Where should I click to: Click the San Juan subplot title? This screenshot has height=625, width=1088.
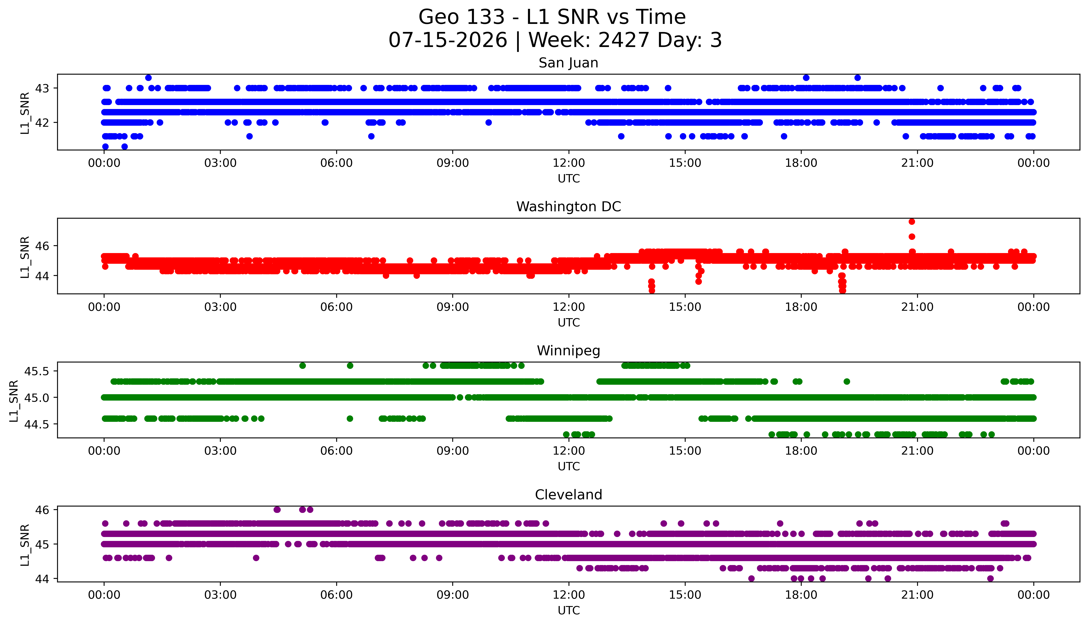pyautogui.click(x=569, y=63)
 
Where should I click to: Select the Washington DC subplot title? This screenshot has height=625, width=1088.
pyautogui.click(x=569, y=207)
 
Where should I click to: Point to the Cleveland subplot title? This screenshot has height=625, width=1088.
pyautogui.click(x=569, y=495)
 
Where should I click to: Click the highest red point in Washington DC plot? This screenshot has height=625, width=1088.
pyautogui.click(x=912, y=222)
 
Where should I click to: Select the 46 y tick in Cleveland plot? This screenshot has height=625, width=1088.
pyautogui.click(x=43, y=510)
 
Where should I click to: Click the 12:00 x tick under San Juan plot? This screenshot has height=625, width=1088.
pyautogui.click(x=569, y=163)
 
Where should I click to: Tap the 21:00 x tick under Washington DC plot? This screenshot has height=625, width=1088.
pyautogui.click(x=918, y=307)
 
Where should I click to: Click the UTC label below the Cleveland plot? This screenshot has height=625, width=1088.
pyautogui.click(x=569, y=610)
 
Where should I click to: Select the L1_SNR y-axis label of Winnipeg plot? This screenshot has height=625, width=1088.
pyautogui.click(x=14, y=401)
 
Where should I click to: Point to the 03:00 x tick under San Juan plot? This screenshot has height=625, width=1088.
pyautogui.click(x=220, y=163)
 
